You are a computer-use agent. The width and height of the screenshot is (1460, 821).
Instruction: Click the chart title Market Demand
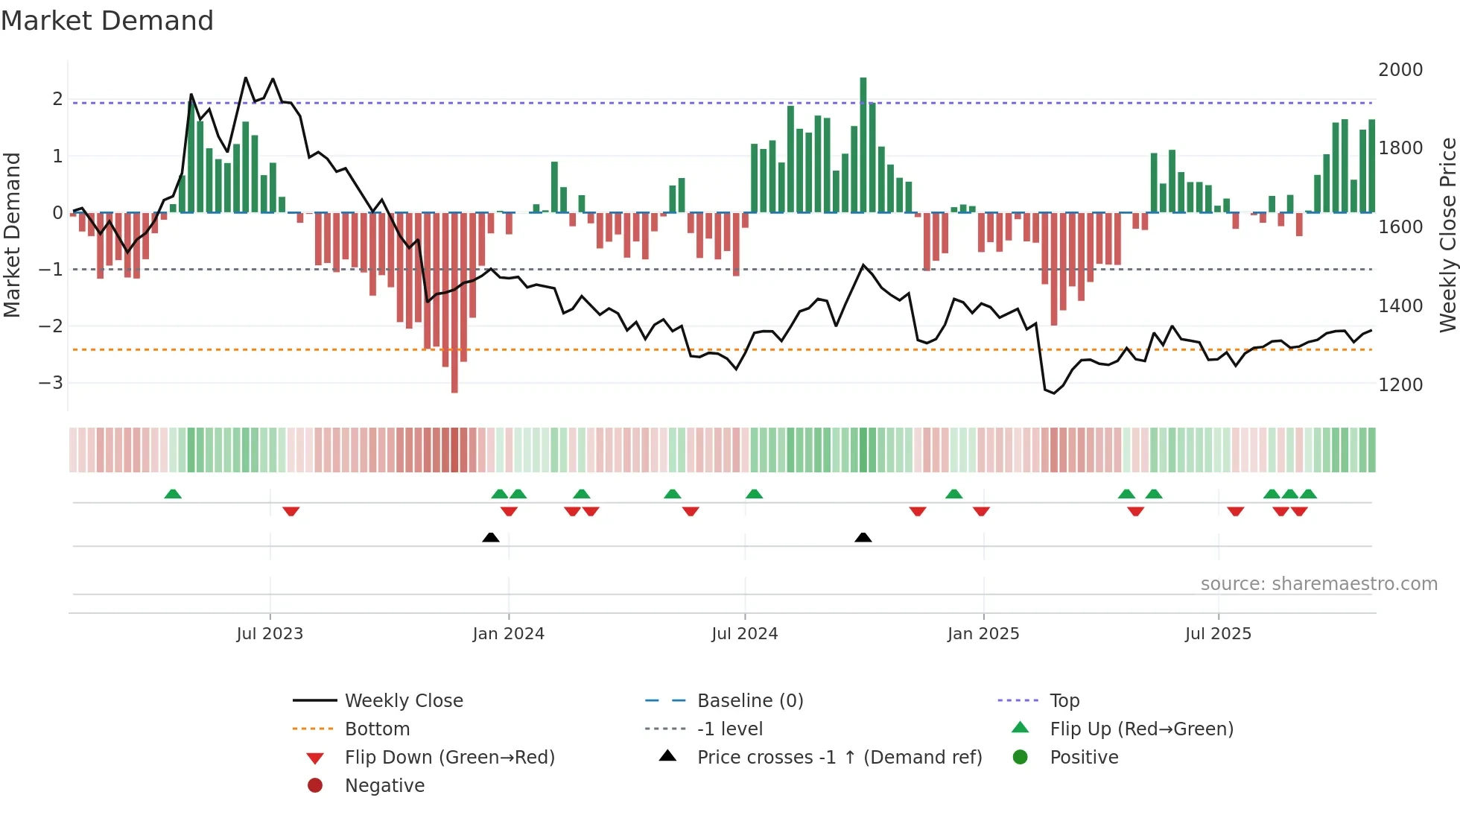click(107, 21)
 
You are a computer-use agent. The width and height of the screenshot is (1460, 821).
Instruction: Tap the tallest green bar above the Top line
click(863, 142)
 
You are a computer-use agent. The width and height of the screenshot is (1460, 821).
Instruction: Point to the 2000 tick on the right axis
click(1400, 70)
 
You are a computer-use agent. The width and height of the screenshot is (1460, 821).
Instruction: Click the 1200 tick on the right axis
click(1400, 385)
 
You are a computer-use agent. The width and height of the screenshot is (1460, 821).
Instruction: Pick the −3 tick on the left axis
click(51, 383)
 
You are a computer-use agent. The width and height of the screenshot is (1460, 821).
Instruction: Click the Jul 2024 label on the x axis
click(744, 634)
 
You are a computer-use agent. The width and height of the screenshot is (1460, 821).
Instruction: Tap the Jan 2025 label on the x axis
click(983, 634)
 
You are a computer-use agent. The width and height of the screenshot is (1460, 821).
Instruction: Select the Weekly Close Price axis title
click(1447, 235)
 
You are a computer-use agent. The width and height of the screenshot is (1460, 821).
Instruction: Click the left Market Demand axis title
click(12, 235)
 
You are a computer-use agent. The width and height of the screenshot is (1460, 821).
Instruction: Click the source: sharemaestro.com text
click(1318, 584)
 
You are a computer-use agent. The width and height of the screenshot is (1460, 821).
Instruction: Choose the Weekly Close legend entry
click(403, 701)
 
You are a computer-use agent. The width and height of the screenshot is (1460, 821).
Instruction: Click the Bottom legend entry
click(377, 729)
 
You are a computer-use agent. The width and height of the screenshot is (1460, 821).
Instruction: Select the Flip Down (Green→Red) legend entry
click(449, 758)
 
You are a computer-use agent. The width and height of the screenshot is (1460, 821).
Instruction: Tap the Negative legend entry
click(384, 786)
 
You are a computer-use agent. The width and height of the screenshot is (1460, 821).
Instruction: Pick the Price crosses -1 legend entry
click(839, 758)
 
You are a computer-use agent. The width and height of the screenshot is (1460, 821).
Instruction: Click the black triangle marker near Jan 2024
click(491, 537)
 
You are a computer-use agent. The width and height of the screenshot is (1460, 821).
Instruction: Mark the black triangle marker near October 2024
click(863, 537)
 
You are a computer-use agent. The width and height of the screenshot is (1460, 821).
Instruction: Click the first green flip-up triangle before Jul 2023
click(173, 494)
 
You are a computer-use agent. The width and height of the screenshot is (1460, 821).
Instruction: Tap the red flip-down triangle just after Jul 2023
click(291, 511)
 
